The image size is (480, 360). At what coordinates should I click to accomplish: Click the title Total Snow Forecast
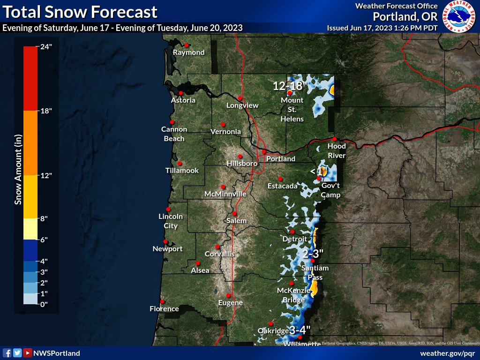pyautogui.click(x=80, y=11)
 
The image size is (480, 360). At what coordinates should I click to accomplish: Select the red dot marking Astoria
pyautogui.click(x=181, y=93)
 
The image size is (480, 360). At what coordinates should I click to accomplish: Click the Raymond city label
pyautogui.click(x=189, y=52)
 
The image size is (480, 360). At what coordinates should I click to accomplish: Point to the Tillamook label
pyautogui.click(x=182, y=171)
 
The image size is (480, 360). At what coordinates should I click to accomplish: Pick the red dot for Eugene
pyautogui.click(x=228, y=295)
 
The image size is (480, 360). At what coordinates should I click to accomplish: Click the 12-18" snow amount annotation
pyautogui.click(x=290, y=86)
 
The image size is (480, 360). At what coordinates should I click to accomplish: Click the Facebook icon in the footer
pyautogui.click(x=7, y=353)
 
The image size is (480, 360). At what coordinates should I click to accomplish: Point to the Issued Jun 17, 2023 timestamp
pyautogui.click(x=382, y=28)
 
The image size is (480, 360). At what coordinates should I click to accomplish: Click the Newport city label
pyautogui.click(x=167, y=249)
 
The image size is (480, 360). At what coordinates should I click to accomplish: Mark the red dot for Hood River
pyautogui.click(x=335, y=139)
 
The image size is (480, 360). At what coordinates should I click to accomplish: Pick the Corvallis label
pyautogui.click(x=219, y=254)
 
